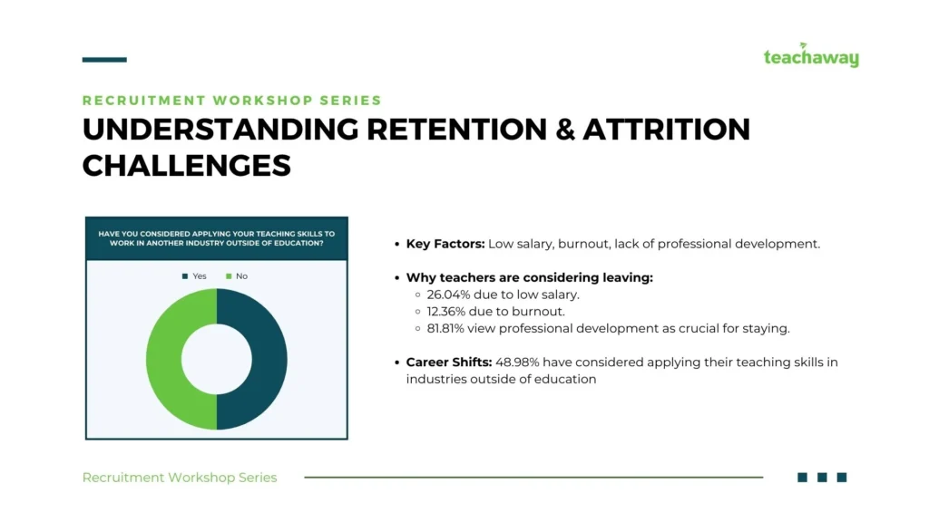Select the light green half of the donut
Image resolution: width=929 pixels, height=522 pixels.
coord(163,359)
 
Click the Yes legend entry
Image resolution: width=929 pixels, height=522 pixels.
coord(194,276)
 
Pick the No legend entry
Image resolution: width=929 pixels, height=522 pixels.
coord(237,276)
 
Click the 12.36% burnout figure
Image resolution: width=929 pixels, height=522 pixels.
coord(446,312)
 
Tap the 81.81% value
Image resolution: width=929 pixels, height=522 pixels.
coord(445,328)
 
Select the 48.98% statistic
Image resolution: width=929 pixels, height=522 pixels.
coord(517,362)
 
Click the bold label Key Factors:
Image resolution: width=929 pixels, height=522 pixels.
coord(445,244)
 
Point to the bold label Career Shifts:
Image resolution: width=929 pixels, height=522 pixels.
coord(449,362)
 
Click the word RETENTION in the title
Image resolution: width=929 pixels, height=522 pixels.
coord(457,130)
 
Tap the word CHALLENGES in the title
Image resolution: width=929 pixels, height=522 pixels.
coord(187,166)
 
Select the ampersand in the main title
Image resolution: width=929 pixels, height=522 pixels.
coord(565,130)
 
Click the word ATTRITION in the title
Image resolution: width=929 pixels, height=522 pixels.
coord(667,130)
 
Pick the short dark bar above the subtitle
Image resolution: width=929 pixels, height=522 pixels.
coord(104,60)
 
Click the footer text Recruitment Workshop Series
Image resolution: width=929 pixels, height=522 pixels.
coord(180,478)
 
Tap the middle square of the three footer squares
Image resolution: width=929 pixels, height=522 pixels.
coord(822,477)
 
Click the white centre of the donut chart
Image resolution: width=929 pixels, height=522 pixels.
coord(217,359)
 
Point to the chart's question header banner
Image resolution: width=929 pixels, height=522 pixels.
coord(217,238)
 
